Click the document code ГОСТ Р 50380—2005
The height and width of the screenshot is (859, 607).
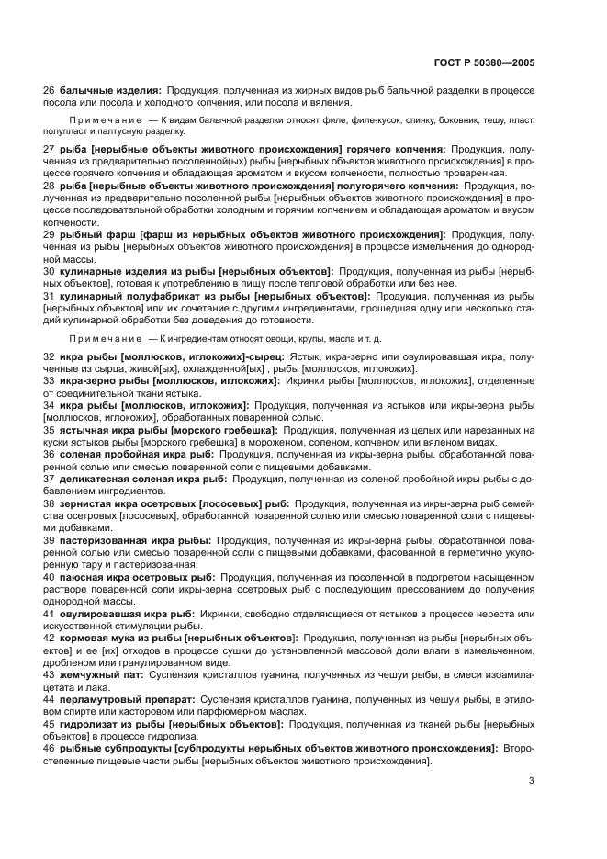pos(484,62)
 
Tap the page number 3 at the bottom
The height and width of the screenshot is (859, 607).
pos(531,781)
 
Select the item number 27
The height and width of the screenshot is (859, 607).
pos(50,148)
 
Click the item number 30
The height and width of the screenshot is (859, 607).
pos(50,272)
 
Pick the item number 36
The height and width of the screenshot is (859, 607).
pos(50,453)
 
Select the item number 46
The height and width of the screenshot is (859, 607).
pos(50,749)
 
